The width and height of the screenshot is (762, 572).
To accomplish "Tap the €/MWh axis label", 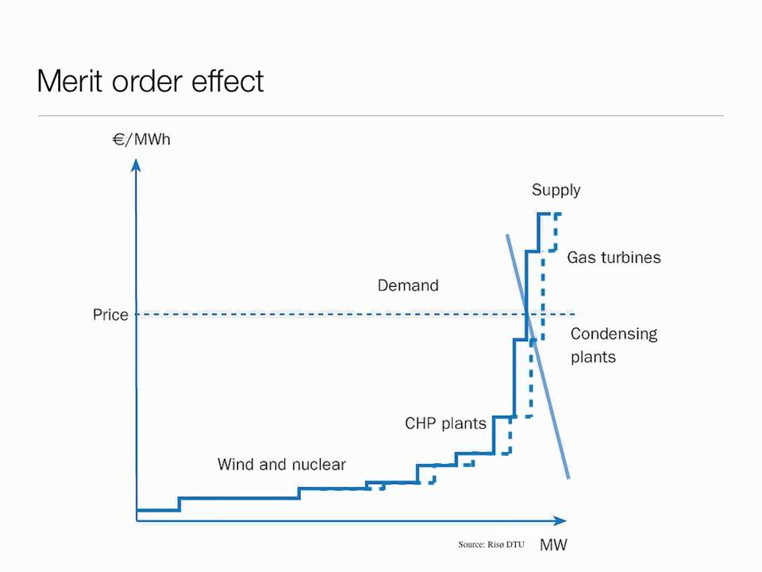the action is [141, 140].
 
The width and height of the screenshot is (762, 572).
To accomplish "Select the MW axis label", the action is [553, 545].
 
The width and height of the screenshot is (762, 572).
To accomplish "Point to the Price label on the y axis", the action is [110, 315].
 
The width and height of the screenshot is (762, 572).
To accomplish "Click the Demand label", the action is [408, 285].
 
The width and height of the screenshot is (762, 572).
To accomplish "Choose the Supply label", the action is [556, 190].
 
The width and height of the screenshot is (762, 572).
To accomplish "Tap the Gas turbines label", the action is [614, 257].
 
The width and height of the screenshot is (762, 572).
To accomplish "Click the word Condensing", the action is [614, 334].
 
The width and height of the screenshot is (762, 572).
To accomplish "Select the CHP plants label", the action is [445, 423].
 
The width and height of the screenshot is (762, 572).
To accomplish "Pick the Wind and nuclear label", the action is [282, 465].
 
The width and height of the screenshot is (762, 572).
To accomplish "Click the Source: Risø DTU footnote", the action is [491, 544].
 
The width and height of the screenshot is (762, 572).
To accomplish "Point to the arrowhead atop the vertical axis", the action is [136, 164].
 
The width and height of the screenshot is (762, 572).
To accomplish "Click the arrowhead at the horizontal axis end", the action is [560, 521].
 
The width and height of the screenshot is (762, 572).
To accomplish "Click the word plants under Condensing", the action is [594, 357].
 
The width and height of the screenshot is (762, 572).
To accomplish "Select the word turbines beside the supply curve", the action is [631, 257].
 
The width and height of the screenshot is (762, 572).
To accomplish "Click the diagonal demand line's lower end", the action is [568, 478].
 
